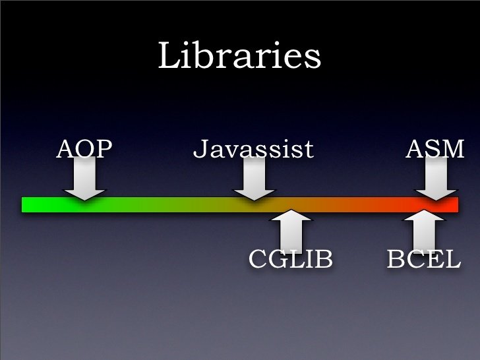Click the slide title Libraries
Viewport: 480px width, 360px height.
click(239, 55)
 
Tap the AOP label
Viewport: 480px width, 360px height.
click(84, 149)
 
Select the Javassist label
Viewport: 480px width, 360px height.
click(253, 149)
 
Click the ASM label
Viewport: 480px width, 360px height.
click(435, 149)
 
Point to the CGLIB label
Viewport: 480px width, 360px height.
click(291, 258)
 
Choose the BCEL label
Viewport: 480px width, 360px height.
click(424, 258)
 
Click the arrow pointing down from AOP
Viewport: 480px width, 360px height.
click(84, 179)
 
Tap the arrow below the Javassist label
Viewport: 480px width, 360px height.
click(255, 179)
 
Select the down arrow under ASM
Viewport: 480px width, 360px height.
click(436, 179)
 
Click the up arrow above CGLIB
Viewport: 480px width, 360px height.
click(291, 230)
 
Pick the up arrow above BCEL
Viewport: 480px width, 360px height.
click(424, 230)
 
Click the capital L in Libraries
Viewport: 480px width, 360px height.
click(169, 55)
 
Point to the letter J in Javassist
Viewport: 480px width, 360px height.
click(200, 149)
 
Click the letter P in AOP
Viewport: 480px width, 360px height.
click(105, 149)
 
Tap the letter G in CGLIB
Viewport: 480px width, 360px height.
click(278, 258)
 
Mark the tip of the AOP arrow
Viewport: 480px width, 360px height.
click(84, 200)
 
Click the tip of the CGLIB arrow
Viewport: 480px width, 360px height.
click(291, 210)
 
